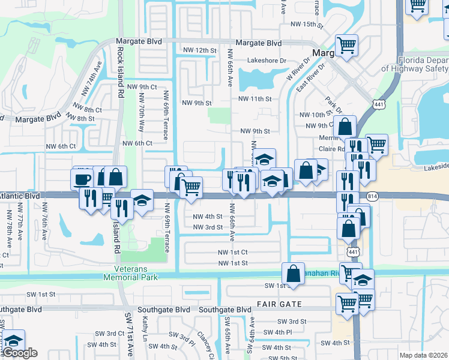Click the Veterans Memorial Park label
coord(130,273)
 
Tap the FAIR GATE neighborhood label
coord(280,304)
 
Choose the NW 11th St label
coord(255,99)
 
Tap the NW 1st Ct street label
coord(233,253)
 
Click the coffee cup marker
coord(82,178)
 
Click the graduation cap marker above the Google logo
coord(13,339)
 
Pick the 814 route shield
coord(373,196)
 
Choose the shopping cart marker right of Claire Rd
coord(376,143)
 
